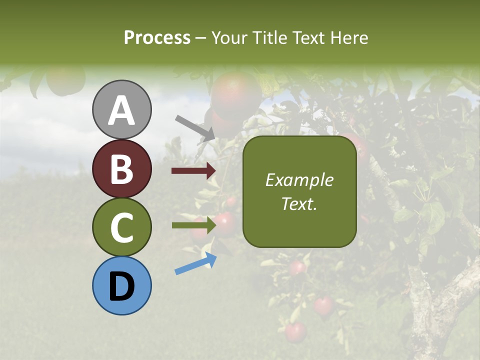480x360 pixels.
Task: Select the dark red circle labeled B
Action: pos(121,168)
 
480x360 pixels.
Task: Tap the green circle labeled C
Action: pos(121,227)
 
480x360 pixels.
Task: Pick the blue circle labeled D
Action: pos(121,285)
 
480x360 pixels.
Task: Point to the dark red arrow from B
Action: pos(193,171)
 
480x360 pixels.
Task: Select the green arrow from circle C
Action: pos(193,225)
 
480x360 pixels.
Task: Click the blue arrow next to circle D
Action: pos(195,264)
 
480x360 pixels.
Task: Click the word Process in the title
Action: pos(157,37)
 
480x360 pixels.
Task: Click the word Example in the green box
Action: pos(299,180)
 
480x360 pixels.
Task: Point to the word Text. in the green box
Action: pos(299,204)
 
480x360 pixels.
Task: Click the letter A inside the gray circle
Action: pos(121,110)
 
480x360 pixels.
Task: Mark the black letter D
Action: pos(121,287)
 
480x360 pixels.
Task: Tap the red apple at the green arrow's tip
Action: pos(225,223)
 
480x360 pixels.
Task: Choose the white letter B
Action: pos(121,169)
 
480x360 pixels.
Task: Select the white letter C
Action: pos(121,228)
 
